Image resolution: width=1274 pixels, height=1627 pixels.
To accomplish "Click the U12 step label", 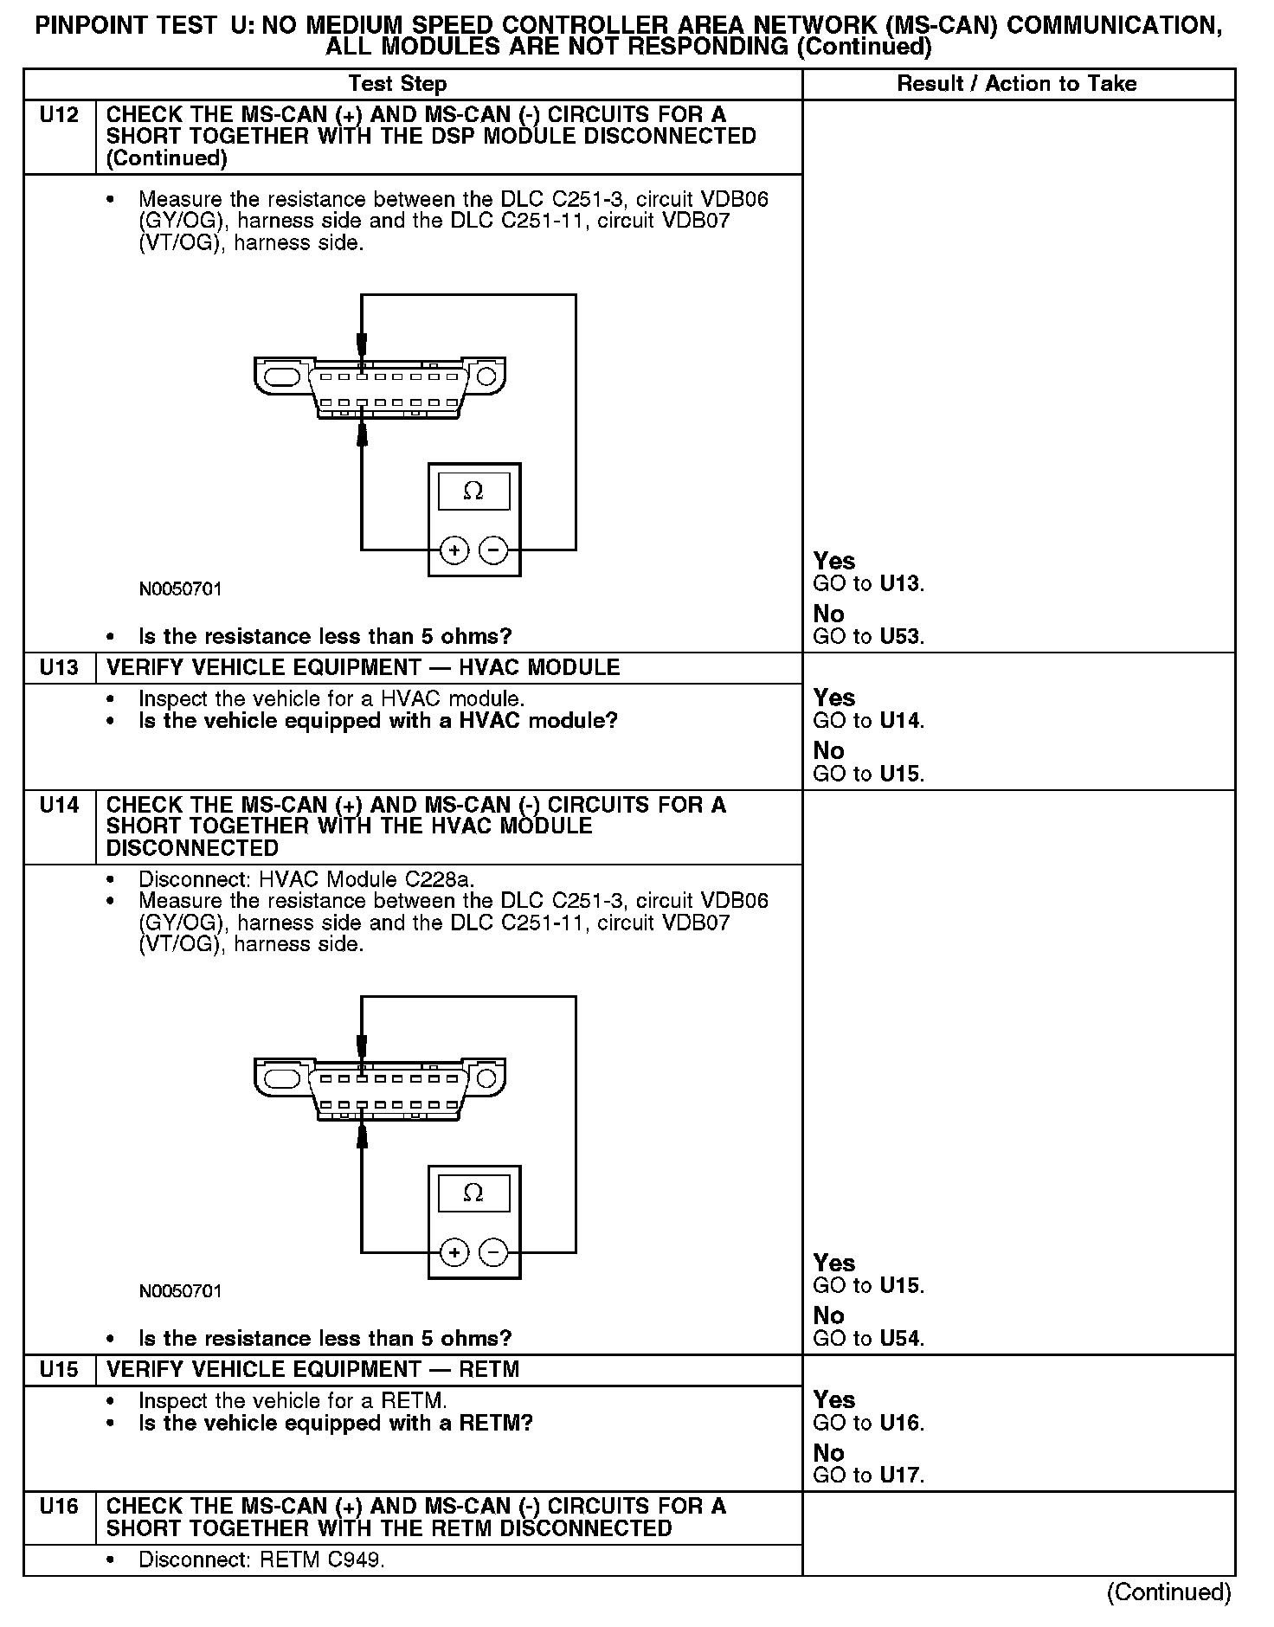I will tap(59, 115).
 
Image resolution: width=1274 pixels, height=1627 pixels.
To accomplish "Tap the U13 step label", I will tap(59, 668).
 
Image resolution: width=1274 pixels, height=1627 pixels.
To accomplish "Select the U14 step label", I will tap(59, 806).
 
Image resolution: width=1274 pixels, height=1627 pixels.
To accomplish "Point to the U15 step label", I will tap(59, 1370).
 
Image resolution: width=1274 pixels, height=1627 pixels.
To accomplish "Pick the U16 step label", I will tap(59, 1507).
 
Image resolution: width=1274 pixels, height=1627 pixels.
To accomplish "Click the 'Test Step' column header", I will tap(397, 84).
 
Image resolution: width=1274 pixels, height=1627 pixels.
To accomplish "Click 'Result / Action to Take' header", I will tap(1017, 84).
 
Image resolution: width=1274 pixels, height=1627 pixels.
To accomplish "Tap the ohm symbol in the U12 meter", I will tap(473, 492).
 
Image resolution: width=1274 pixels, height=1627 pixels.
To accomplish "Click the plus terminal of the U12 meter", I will tap(454, 550).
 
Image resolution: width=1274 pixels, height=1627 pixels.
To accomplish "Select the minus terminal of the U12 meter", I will tap(493, 550).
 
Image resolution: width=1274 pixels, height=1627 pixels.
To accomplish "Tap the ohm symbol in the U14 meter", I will tap(473, 1193).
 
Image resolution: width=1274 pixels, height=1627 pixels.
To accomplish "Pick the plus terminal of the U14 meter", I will tap(454, 1251).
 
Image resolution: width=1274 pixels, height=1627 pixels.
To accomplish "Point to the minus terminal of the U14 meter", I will tap(493, 1251).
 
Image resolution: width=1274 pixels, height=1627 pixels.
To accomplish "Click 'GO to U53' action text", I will tap(868, 637).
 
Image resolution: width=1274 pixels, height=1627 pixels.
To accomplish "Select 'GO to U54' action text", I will tap(868, 1339).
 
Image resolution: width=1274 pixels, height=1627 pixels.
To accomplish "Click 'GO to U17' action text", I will tap(868, 1476).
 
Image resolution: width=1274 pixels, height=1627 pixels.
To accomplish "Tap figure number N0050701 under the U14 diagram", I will tap(180, 1291).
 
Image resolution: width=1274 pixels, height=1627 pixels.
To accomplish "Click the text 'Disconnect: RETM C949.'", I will tap(261, 1560).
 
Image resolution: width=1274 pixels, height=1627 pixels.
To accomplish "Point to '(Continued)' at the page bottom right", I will tap(1168, 1592).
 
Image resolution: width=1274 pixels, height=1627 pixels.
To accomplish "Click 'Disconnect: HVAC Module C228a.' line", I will tap(306, 880).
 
